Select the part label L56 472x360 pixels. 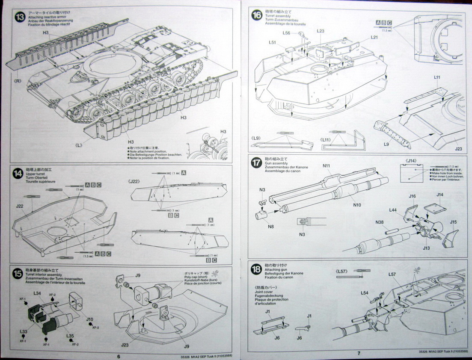(286, 33)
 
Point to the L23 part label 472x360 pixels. (321, 31)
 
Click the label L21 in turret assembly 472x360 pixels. (374, 38)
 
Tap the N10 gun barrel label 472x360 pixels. (357, 205)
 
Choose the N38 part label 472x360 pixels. (379, 222)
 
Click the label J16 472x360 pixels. (412, 196)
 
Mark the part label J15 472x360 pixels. (454, 222)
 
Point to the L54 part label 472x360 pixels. (365, 292)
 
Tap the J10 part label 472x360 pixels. (89, 319)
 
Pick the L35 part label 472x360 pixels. (70, 336)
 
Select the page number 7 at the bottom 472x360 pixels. (359, 353)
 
